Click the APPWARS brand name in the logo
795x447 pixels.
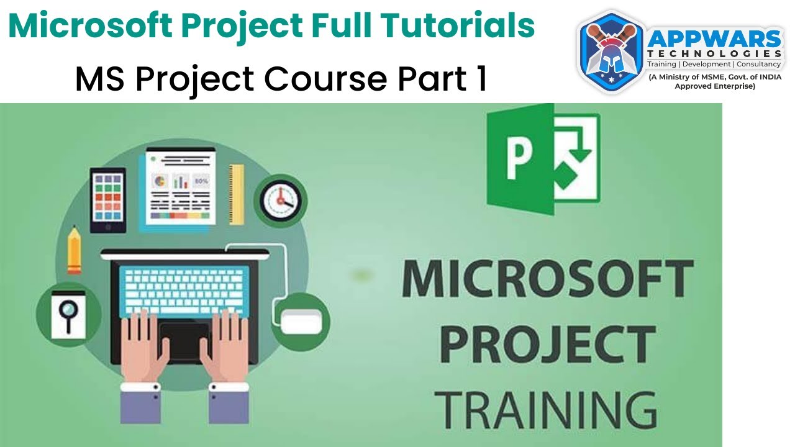(714, 40)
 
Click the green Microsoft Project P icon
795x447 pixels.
(543, 159)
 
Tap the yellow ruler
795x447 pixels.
(236, 194)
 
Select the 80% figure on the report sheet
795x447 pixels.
(201, 181)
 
